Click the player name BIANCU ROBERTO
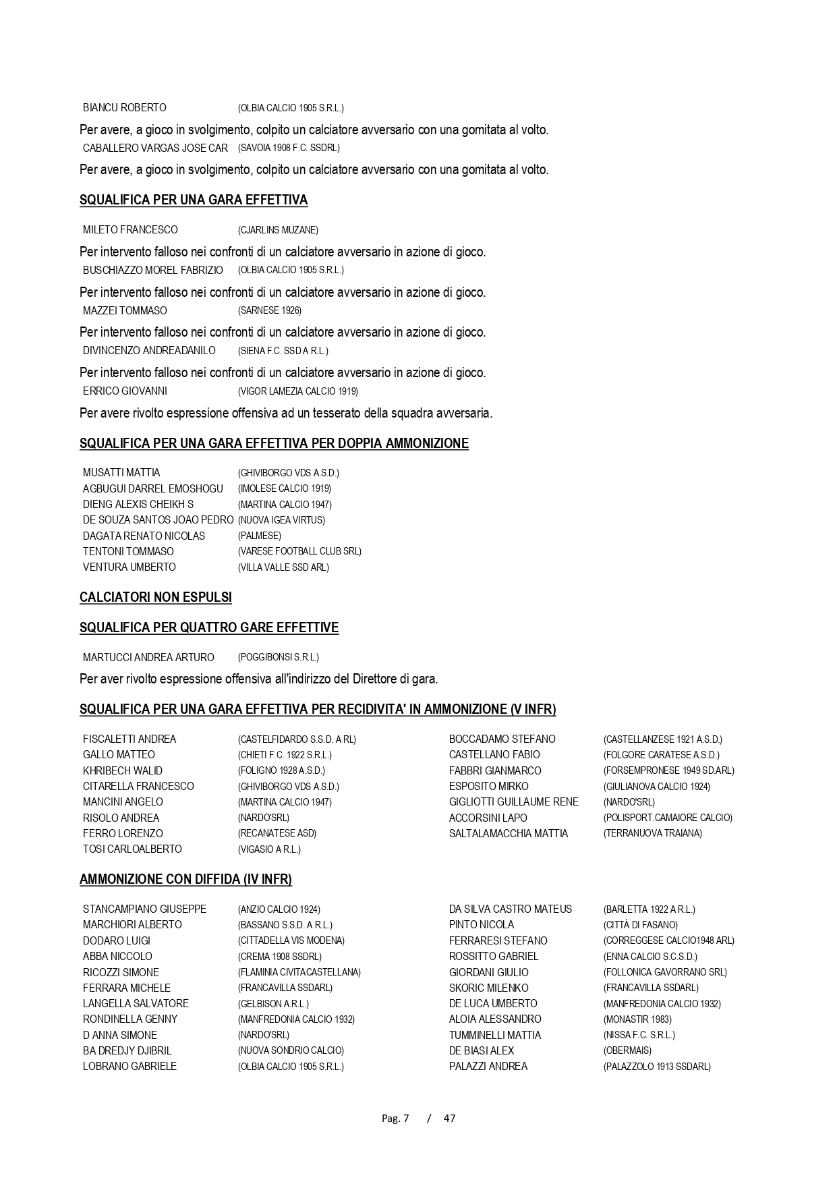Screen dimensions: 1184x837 click(124, 108)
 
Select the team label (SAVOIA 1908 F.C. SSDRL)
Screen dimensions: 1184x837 click(289, 148)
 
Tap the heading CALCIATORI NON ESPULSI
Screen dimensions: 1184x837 click(156, 598)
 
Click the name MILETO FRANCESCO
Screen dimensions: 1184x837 click(130, 230)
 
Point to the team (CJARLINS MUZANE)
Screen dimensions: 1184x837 click(278, 230)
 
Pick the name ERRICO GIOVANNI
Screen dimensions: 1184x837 click(125, 391)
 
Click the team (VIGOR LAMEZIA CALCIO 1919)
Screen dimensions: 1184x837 click(298, 391)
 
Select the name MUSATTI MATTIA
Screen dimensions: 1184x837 click(121, 473)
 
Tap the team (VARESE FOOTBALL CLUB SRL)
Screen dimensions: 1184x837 click(299, 551)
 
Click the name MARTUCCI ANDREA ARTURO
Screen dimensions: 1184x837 click(148, 657)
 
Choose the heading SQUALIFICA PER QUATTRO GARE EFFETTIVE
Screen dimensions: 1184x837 click(209, 628)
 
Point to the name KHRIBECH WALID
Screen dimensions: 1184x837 click(123, 770)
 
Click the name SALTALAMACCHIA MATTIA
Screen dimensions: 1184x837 click(509, 833)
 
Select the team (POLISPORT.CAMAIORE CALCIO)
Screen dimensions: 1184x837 click(668, 818)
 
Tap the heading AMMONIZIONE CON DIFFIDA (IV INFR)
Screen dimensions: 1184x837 click(185, 880)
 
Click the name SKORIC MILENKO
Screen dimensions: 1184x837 click(489, 988)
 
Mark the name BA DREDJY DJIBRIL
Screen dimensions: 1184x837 click(127, 1050)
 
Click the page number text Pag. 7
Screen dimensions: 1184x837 click(395, 1118)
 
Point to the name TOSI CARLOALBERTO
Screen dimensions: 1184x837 click(132, 849)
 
